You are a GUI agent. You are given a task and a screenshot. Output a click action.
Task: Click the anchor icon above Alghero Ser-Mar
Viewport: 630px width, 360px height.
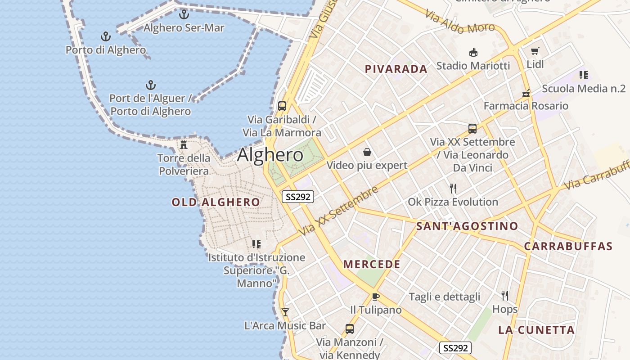coord(184,14)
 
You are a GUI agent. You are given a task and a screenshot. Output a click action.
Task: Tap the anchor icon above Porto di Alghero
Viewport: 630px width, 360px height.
coord(106,36)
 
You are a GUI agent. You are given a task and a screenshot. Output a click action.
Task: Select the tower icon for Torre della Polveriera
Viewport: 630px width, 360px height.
coord(184,144)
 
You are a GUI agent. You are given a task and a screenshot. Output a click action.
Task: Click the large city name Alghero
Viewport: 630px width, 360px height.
coord(270,155)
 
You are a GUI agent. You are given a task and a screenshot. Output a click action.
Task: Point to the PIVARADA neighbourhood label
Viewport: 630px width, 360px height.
coord(396,69)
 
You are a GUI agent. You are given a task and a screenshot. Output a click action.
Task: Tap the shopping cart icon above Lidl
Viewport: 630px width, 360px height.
coord(535,51)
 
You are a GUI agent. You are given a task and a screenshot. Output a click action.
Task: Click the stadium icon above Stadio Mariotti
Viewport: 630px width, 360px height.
coord(473,53)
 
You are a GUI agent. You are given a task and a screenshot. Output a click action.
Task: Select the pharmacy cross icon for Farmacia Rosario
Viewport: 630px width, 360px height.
coord(526,93)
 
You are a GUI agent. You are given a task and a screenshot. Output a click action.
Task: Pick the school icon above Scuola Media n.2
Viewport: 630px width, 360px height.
coord(584,75)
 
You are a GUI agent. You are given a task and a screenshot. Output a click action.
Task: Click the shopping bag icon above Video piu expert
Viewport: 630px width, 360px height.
coord(367,152)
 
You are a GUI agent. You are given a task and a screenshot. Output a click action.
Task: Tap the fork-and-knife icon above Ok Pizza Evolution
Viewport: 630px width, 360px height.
coord(453,189)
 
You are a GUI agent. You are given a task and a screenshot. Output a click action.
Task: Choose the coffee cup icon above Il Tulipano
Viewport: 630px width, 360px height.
coord(376,297)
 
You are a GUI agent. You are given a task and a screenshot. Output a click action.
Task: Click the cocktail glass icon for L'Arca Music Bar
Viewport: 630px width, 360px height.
coord(285,312)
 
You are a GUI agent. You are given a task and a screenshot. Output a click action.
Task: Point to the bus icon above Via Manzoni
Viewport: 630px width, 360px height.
coord(350,328)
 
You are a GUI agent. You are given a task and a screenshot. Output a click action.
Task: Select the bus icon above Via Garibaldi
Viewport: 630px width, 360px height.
coord(282,106)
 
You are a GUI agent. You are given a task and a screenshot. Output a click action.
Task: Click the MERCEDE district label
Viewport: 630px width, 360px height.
coord(372,264)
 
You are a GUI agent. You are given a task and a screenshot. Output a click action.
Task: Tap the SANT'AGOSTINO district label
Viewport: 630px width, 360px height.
coord(467,226)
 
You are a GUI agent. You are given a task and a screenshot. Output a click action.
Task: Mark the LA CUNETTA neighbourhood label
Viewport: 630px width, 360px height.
coord(536,330)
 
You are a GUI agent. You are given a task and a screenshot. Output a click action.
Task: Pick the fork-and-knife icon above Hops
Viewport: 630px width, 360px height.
coord(505,296)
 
